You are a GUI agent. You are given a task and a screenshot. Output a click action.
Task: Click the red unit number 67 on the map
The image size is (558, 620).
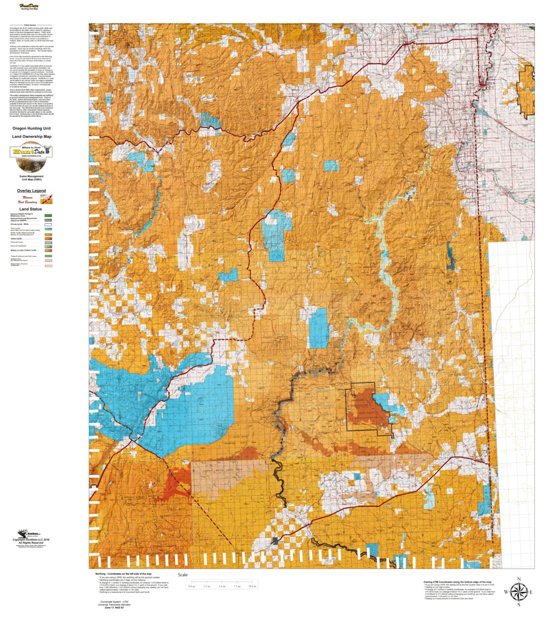pos(375,296)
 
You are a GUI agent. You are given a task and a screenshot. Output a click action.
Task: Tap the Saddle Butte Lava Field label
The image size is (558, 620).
pos(220,470)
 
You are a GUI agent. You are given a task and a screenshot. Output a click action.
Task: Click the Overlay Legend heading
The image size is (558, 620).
pos(32,191)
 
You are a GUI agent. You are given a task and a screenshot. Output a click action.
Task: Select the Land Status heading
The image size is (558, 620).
pos(31,209)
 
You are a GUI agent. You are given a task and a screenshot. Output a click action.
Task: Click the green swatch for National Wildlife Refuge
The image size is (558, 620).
pos(48,215)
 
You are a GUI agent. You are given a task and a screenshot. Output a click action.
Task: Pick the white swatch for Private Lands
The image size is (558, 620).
pos(48,225)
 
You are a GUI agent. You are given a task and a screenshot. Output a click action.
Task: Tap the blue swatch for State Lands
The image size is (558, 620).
pos(48,229)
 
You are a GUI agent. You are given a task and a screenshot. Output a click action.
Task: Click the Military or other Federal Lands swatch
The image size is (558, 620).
pos(48,250)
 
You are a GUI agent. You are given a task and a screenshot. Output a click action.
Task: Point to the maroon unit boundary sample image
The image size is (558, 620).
pos(46,199)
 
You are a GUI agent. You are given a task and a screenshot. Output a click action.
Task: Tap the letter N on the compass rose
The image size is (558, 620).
pos(519,579)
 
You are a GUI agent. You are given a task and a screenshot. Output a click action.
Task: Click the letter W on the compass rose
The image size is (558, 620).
pos(506,592)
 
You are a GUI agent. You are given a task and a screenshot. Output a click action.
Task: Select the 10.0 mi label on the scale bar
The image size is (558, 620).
pos(252,586)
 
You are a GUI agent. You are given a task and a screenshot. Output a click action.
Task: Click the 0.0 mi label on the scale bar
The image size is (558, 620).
pos(192,586)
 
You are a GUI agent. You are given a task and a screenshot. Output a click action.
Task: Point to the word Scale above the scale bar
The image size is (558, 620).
pos(182,575)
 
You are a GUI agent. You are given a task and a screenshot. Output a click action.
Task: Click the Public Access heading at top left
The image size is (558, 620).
pos(30,25)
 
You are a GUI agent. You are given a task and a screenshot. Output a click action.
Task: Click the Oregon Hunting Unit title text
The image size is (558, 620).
pos(32,128)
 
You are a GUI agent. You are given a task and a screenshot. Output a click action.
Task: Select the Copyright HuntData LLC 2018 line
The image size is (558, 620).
pos(32,540)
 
